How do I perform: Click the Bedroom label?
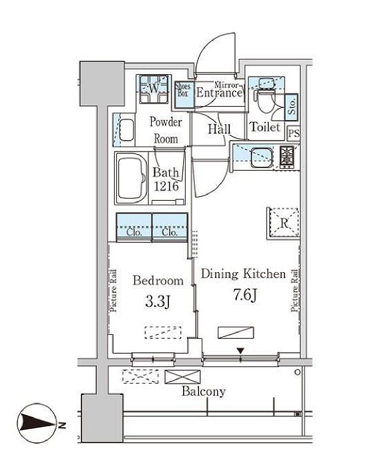[158, 281]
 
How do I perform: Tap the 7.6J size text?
[245, 295]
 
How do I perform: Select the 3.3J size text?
[158, 302]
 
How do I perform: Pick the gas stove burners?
[287, 157]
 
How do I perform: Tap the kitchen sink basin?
[262, 157]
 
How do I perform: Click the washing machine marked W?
[154, 89]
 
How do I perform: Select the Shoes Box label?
[183, 89]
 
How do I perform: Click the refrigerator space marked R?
[284, 223]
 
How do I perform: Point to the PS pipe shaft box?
[293, 133]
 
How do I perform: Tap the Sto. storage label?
[292, 106]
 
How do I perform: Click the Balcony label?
[204, 392]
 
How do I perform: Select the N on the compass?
[62, 426]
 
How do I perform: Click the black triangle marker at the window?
[240, 351]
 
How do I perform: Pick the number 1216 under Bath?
[166, 186]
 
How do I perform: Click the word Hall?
[219, 129]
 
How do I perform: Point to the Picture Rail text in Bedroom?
[114, 290]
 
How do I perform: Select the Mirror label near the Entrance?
[226, 85]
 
